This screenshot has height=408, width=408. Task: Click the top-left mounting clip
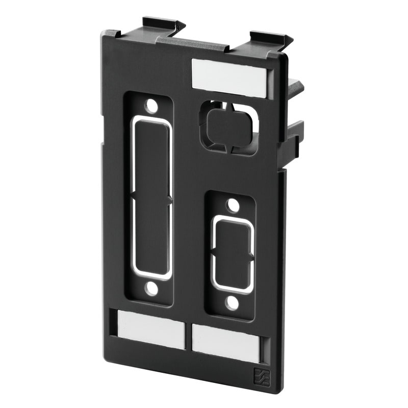(x=163, y=24)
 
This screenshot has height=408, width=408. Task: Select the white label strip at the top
(x=229, y=77)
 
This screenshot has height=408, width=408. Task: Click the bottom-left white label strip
(x=151, y=329)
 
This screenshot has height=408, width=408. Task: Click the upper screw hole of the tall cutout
(x=151, y=106)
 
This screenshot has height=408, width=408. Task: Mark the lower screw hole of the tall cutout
(x=150, y=289)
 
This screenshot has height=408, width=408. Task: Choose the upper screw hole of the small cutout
(x=233, y=206)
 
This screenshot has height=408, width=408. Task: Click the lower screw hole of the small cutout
(x=233, y=303)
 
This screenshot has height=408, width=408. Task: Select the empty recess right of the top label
(x=271, y=85)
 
